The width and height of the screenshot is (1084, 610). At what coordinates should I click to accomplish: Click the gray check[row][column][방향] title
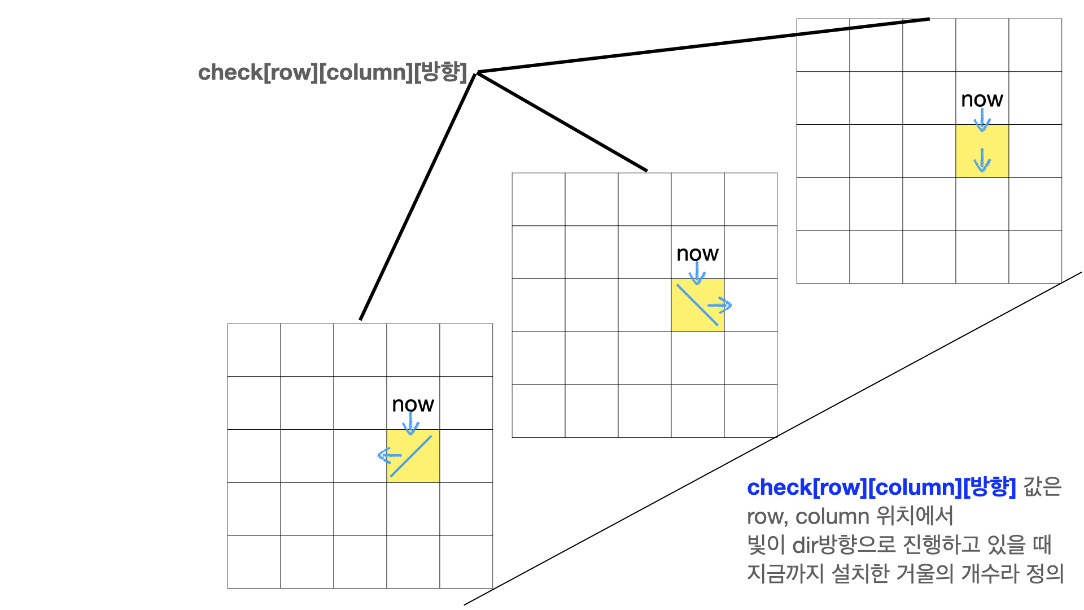[333, 72]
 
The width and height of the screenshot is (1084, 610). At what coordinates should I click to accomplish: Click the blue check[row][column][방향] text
[881, 487]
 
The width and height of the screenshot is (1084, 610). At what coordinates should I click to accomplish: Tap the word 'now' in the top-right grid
[982, 99]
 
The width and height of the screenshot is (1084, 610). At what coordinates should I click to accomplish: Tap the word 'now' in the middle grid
[697, 254]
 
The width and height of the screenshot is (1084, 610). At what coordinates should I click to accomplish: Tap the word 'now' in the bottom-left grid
[413, 404]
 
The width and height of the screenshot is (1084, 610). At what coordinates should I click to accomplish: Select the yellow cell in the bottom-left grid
[423, 469]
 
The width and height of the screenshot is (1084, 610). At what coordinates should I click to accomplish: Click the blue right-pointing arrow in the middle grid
[720, 306]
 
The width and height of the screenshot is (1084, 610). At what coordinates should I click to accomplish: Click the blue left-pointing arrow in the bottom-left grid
[388, 455]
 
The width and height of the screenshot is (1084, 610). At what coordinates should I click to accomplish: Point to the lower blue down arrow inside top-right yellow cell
[982, 160]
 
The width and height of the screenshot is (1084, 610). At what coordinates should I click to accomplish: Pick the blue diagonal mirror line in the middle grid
[697, 305]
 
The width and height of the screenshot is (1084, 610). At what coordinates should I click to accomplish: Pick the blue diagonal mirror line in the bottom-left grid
[411, 456]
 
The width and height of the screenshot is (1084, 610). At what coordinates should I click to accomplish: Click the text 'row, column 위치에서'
[850, 516]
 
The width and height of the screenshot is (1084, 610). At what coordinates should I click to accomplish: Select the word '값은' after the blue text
[1042, 487]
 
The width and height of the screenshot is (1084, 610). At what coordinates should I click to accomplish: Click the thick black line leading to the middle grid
[562, 121]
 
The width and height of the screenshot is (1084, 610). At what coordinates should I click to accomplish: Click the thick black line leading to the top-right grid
[703, 45]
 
